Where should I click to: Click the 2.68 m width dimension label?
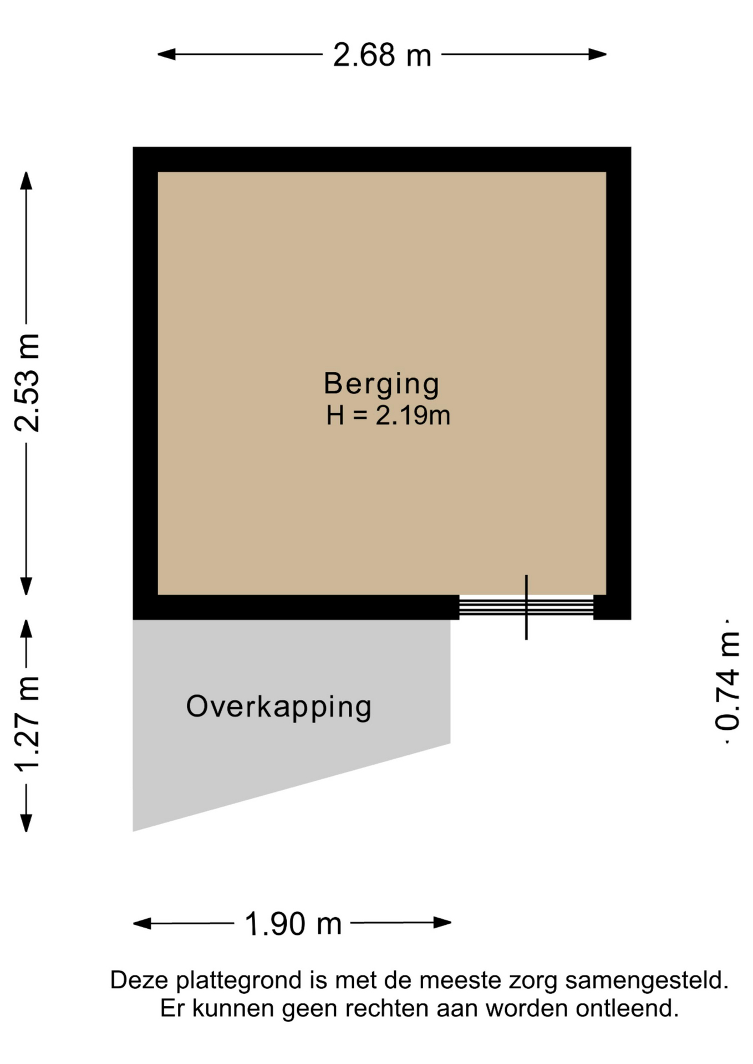point(382,55)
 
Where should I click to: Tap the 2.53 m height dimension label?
point(27,383)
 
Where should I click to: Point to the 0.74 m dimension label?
point(727,682)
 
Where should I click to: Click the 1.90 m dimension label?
point(293,924)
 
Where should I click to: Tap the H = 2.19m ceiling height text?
point(388,416)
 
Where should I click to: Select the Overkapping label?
point(279,708)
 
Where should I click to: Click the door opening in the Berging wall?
point(526,607)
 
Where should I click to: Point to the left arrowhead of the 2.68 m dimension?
point(166,54)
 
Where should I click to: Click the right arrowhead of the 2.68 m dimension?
point(598,54)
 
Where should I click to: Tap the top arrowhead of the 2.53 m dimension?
point(26,181)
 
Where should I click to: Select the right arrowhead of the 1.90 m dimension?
point(442,923)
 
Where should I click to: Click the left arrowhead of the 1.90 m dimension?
point(142,923)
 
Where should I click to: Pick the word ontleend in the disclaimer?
point(627,1008)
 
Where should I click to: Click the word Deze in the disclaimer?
point(139,980)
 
